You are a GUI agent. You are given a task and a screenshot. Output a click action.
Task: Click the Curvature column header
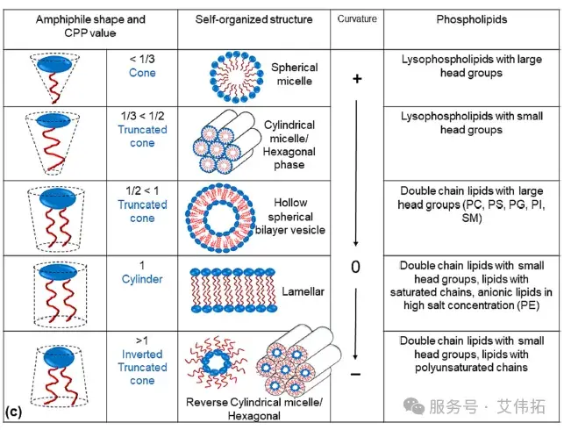357,18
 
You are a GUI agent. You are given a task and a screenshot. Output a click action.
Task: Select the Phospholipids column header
472,19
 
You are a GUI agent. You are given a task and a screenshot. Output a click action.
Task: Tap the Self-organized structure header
253,19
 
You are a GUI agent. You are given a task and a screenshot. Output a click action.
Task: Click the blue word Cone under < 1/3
142,73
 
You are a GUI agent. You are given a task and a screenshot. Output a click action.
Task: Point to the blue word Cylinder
142,279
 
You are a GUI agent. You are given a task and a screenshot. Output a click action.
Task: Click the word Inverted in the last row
142,354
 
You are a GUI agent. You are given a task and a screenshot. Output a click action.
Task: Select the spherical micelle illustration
236,76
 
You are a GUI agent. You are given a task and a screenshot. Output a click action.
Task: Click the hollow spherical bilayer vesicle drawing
221,218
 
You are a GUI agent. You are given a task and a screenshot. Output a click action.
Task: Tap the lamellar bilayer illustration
233,290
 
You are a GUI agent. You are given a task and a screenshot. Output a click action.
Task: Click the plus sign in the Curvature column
357,79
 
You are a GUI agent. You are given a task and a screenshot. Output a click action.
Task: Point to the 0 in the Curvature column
355,267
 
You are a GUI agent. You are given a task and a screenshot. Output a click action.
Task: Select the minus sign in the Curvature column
355,375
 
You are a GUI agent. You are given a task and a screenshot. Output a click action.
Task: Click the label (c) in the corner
14,412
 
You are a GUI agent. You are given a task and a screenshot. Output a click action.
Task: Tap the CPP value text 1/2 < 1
142,190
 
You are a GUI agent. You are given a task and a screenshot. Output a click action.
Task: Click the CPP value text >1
142,340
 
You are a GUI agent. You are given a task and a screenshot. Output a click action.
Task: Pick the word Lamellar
303,291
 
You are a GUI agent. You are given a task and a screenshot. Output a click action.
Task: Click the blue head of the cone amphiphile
54,64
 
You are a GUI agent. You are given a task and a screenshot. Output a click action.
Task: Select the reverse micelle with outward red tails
216,362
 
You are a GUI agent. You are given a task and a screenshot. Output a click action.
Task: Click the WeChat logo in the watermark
414,406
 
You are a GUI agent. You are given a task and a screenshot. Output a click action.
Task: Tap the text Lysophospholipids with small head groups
472,123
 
